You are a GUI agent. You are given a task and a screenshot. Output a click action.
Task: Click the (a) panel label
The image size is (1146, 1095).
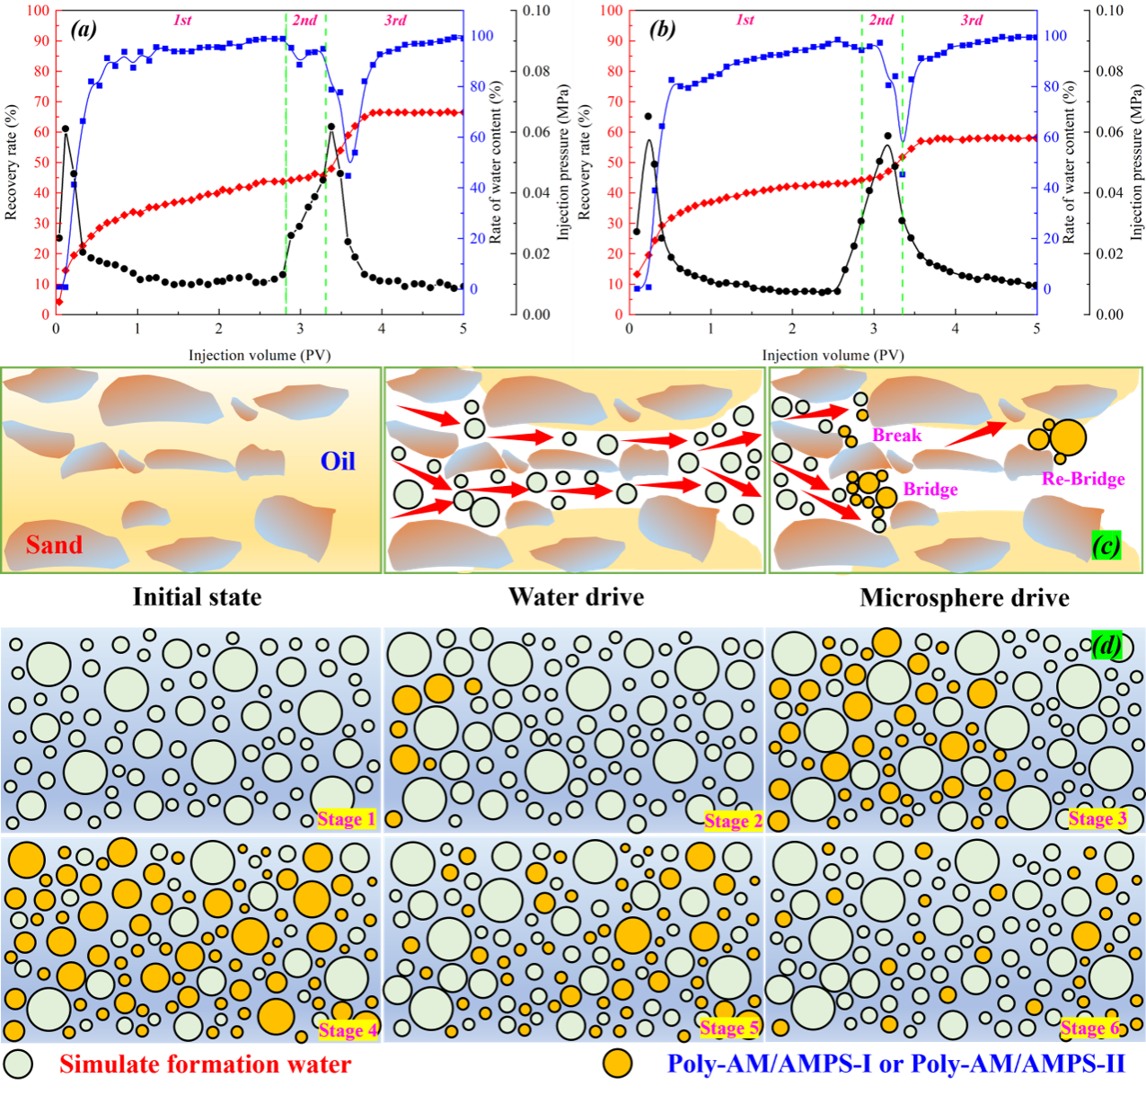tap(84, 30)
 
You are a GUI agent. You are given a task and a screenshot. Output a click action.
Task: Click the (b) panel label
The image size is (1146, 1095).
tap(662, 30)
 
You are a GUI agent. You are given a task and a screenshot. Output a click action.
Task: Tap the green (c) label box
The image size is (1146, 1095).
tap(1106, 544)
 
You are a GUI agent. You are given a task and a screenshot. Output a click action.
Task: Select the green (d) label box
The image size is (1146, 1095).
tap(1106, 645)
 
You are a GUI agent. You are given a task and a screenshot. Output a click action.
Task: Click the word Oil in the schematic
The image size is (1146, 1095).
tap(338, 461)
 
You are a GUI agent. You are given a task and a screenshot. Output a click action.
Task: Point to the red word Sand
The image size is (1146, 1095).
tap(54, 544)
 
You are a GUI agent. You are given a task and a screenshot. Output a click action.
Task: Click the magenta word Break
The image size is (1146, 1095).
tap(897, 435)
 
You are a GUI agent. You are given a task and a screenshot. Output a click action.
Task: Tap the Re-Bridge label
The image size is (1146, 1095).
tap(1083, 479)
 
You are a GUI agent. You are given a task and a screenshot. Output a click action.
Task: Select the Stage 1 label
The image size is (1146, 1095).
tap(347, 818)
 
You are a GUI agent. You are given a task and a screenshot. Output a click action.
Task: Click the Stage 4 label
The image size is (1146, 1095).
tap(348, 1029)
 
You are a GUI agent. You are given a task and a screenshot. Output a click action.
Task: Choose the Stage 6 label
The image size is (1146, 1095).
tap(1090, 1028)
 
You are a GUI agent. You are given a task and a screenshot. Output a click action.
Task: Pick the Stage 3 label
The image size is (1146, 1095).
tap(1098, 818)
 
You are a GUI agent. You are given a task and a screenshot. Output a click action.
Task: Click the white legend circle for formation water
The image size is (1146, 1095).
tap(18, 1064)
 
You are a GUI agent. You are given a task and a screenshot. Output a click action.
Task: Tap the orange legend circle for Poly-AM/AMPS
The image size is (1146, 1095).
tap(617, 1064)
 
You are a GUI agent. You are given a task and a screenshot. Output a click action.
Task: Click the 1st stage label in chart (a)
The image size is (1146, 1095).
tap(182, 20)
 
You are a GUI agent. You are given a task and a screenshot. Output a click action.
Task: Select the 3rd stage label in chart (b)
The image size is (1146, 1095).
tap(972, 20)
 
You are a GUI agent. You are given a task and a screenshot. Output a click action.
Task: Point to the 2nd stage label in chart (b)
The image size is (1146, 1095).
tap(881, 20)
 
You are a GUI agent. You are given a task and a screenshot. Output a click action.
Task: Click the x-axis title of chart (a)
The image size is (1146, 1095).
tap(260, 355)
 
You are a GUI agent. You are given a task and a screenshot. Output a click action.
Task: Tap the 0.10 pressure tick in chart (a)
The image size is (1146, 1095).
tap(536, 11)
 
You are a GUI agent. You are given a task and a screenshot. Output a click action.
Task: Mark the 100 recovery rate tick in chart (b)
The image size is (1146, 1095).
tap(612, 11)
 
